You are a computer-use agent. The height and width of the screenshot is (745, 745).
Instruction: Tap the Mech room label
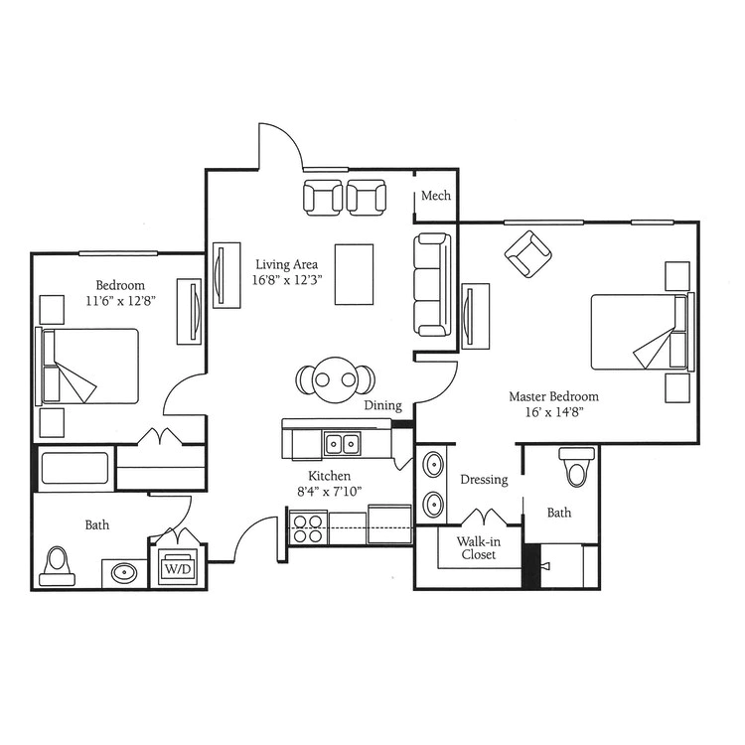pos(436,196)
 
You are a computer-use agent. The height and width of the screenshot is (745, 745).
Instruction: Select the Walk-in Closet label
pos(479,547)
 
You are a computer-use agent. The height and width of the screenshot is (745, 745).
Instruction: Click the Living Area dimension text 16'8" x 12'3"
pos(287,280)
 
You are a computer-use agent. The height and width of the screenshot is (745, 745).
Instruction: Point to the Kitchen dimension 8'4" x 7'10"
pos(329,491)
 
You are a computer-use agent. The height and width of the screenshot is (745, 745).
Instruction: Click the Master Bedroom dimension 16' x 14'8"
pos(554,411)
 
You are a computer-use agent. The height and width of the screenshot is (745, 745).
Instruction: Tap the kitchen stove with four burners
pos(308,528)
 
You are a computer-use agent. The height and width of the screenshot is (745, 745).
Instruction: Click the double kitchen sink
pos(342,444)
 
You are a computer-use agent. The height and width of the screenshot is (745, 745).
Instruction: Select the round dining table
pos(336,379)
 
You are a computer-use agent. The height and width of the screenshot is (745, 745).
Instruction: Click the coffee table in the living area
pos(354,274)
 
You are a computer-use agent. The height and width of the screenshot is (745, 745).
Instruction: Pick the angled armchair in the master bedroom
pos(527,254)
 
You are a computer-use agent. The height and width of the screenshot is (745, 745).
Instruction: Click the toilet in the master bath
pos(577,467)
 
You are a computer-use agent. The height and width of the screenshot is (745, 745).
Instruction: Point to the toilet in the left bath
pos(57,566)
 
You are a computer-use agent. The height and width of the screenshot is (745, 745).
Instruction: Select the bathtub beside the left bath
pos(74,468)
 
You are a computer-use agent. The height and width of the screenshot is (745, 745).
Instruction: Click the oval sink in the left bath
pos(124,573)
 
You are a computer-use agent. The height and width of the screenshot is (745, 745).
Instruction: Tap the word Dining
pos(383,405)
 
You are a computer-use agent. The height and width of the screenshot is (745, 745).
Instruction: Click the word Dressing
pos(484,480)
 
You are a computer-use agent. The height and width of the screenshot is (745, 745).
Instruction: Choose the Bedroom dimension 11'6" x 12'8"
pos(120,301)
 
